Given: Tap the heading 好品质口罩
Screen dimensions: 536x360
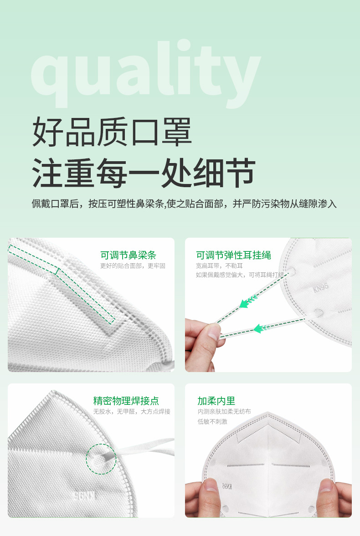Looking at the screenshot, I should click(x=112, y=132).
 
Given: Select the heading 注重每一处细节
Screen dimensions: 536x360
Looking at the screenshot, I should click(x=144, y=173).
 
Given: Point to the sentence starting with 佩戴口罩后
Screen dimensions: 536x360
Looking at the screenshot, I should click(x=184, y=204).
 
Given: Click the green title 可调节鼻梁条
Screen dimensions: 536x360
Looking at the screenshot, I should click(x=128, y=255).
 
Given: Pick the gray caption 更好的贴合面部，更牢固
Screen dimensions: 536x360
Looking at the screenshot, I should click(x=133, y=266).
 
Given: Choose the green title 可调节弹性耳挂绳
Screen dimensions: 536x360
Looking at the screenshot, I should click(x=233, y=255).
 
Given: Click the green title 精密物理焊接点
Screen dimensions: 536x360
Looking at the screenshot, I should click(x=126, y=401).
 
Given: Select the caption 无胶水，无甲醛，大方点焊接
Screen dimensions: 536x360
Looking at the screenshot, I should click(x=132, y=412).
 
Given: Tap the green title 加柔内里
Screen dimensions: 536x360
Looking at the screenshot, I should click(x=216, y=401).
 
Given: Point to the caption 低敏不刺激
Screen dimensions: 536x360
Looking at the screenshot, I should click(x=212, y=422).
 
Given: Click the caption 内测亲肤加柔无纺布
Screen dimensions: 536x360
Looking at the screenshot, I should click(x=224, y=412).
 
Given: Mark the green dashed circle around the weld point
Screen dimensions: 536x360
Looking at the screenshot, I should click(x=101, y=459).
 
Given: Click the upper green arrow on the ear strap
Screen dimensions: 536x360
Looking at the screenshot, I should click(x=249, y=301).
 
